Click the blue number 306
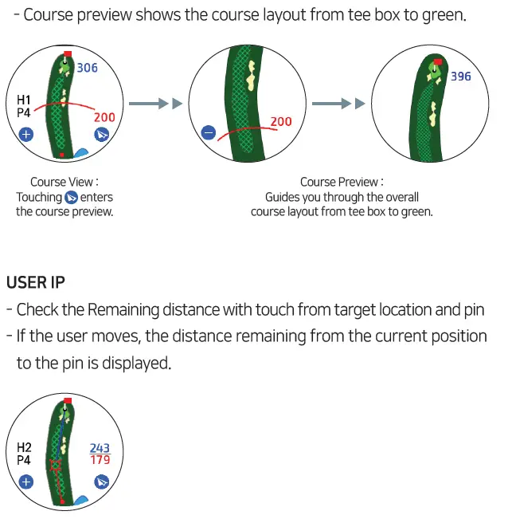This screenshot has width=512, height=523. coord(88,69)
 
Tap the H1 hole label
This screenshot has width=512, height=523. coord(24,100)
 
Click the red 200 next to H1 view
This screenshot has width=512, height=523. coord(104,117)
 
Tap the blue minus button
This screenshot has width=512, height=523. coord(209,133)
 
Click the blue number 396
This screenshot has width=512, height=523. coord(461,77)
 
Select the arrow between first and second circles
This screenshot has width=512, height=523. coord(155,104)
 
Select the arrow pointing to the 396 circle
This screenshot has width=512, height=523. coord(338,104)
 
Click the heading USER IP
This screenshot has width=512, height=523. coord(36,282)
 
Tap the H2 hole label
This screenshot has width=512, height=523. coord(24,447)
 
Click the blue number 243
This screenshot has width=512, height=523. coord(100,449)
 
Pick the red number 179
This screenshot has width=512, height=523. coord(100,460)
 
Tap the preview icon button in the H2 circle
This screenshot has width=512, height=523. coord(101,482)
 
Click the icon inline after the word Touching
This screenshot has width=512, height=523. coord(71,197)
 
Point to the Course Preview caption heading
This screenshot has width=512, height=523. coord(342,183)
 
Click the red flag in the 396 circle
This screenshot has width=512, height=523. coord(437,61)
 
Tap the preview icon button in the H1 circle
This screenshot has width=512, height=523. coord(101,134)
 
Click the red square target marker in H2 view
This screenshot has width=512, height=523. coord(55,465)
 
